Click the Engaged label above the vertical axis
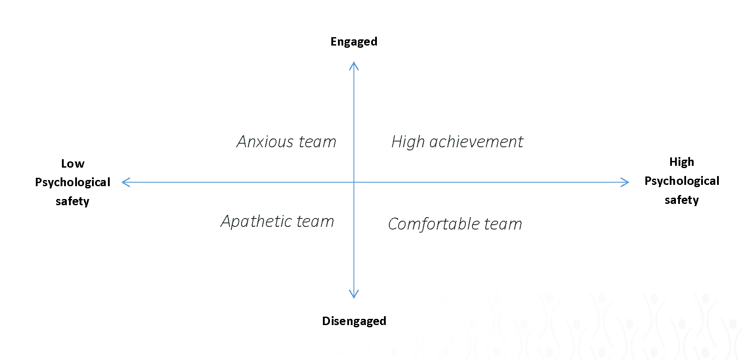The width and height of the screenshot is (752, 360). (354, 42)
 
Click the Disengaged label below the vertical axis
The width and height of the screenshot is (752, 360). (354, 321)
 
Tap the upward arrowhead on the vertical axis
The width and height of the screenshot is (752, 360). (354, 65)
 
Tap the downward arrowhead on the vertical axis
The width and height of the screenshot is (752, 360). (354, 294)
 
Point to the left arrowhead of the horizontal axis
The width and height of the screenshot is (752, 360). (126, 182)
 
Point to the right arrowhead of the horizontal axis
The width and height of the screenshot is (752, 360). (625, 182)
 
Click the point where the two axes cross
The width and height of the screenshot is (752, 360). (354, 182)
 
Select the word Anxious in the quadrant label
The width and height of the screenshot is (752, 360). (265, 142)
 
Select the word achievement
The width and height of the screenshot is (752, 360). (476, 142)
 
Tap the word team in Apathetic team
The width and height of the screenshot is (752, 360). (315, 222)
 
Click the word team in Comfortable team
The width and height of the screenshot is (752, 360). (503, 224)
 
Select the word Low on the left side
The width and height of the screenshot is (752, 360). (73, 164)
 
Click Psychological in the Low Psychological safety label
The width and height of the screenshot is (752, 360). (73, 183)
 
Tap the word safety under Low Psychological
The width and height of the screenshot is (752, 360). (73, 201)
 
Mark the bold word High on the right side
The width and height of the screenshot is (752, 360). (682, 162)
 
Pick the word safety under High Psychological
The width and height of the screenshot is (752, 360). (682, 200)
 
